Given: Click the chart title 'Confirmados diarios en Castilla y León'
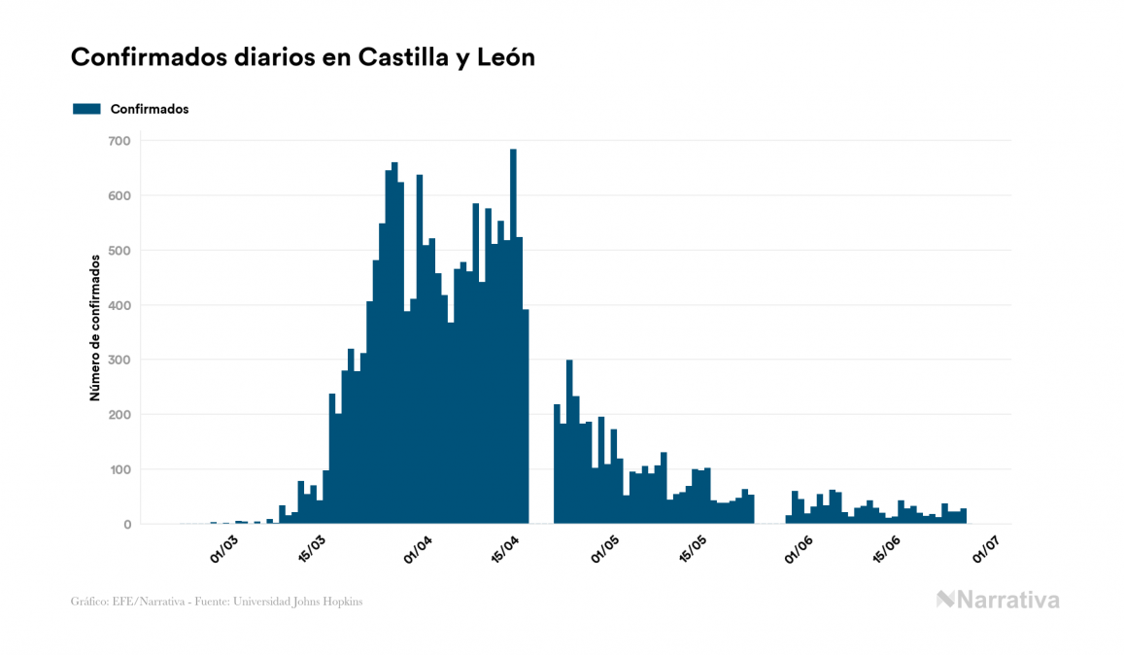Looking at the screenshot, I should pos(303,58).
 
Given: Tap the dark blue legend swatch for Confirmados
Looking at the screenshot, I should pos(86,109).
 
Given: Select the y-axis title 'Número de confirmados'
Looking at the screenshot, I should pos(95,328).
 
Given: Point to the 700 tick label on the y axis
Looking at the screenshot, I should pos(119,141).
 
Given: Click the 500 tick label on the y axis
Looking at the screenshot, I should pos(119,251).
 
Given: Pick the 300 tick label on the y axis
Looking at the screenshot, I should pos(119,361).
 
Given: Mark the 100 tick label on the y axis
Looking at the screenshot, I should pos(119,470).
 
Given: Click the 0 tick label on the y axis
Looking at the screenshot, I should pos(126,525).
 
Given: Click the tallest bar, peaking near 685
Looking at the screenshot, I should pos(513,340).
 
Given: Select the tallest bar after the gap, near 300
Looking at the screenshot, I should pos(569,442).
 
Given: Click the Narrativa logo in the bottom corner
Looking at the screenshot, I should pos(998,600).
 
